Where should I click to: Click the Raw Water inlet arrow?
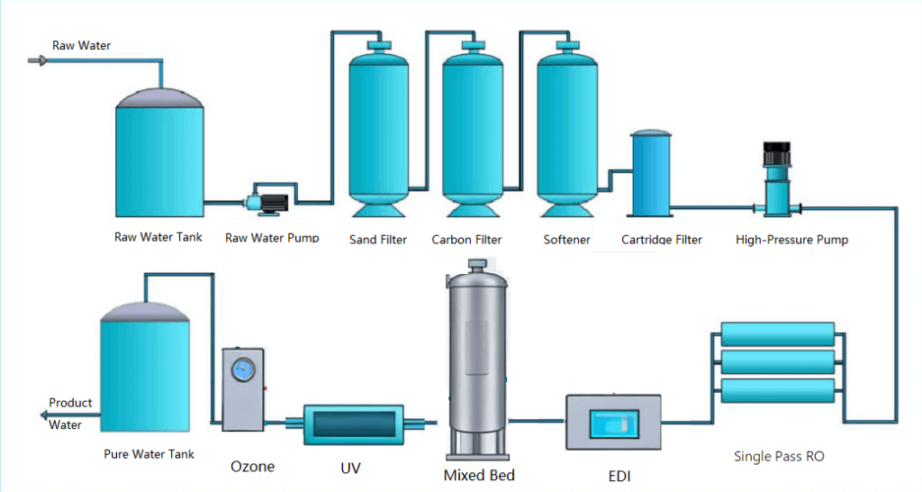[x=37, y=60]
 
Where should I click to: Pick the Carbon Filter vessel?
[x=471, y=131]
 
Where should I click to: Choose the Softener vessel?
[x=565, y=131]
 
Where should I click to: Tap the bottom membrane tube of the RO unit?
[x=780, y=390]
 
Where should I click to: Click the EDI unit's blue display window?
[x=612, y=423]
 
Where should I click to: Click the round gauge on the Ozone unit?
[x=243, y=370]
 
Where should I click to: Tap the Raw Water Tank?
[x=159, y=155]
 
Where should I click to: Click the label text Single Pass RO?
[x=779, y=457]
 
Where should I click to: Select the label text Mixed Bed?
[x=478, y=475]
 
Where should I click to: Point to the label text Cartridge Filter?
[x=661, y=240]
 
